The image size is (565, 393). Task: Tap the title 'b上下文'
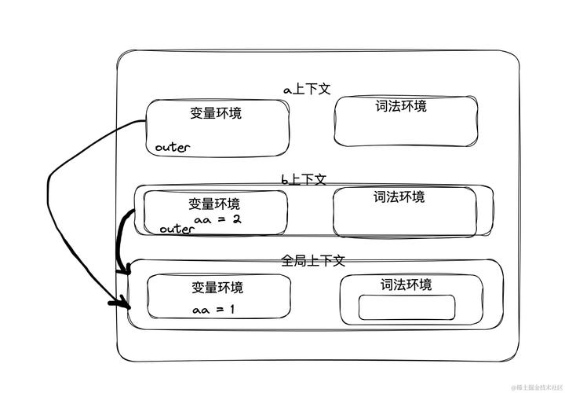(303, 179)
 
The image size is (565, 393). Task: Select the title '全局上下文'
(313, 260)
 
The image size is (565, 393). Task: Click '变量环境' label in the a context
(216, 112)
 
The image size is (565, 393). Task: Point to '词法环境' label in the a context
(401, 106)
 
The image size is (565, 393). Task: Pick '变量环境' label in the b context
(214, 204)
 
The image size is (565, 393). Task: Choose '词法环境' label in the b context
(399, 196)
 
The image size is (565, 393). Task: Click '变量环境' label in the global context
(217, 288)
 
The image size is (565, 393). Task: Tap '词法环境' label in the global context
(406, 285)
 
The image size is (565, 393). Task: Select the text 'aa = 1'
(213, 310)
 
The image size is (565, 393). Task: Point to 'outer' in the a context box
(173, 147)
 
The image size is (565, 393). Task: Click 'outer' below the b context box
(176, 229)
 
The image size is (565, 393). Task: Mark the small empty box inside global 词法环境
(406, 307)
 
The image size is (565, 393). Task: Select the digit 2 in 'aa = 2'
(236, 219)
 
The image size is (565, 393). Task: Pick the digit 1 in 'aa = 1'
(232, 310)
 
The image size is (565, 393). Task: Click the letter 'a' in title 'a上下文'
(287, 90)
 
